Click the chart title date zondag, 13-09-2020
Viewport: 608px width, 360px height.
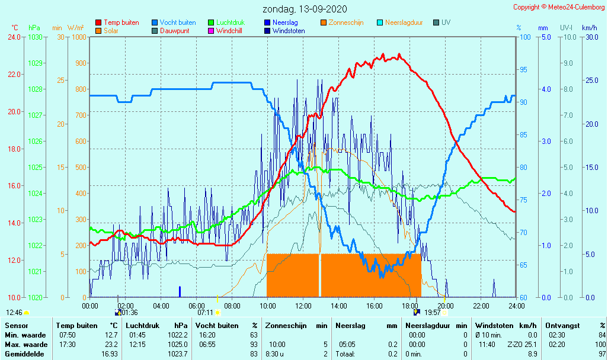[305, 9]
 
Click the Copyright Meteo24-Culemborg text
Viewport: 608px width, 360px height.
[559, 7]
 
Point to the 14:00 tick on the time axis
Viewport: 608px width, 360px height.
[338, 306]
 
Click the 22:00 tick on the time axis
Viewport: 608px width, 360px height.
[481, 306]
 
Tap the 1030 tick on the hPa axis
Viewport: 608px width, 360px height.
[35, 37]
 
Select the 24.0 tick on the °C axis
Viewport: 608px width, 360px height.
[14, 37]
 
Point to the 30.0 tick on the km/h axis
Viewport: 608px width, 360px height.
[590, 37]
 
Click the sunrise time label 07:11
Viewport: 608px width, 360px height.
[205, 312]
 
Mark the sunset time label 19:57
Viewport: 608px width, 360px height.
[433, 312]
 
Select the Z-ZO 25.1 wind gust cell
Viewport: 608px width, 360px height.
[521, 344]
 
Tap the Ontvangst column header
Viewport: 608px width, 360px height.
[562, 325]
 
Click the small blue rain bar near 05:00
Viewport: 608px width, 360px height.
[180, 291]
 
